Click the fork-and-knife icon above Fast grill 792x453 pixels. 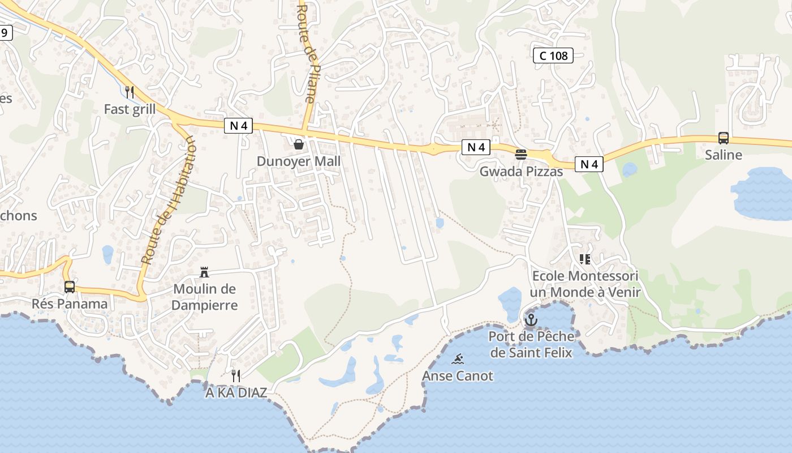point(130,92)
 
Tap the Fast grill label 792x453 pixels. point(130,109)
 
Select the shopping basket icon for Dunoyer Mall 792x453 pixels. point(299,144)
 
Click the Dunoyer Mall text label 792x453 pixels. point(299,161)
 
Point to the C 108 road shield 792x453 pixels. point(553,55)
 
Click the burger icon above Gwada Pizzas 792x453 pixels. point(521,155)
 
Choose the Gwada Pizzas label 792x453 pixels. point(521,172)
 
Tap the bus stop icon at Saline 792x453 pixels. point(723,138)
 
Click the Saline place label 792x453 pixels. point(723,155)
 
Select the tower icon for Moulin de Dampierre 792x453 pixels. point(204,272)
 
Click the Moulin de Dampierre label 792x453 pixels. point(204,297)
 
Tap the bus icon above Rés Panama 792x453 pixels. point(70,287)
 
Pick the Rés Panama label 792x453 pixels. point(70,304)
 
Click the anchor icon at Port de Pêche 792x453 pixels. point(531,320)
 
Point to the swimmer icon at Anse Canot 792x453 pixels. point(458,359)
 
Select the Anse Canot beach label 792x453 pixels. point(458,375)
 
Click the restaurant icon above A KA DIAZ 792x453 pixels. point(236,375)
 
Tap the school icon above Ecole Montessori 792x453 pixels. point(585,259)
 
